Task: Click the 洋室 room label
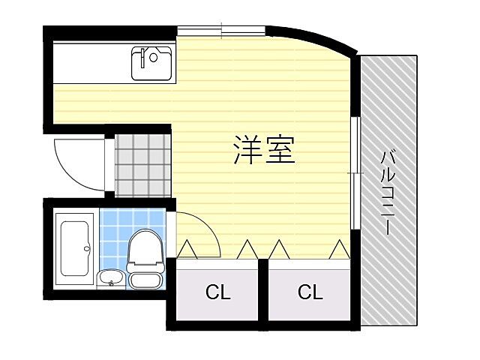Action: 263,150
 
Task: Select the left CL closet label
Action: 218,292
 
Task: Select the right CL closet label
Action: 309,292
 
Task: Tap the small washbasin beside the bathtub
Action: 111,279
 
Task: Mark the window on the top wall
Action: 222,31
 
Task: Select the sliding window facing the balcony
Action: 354,172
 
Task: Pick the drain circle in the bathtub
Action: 88,248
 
